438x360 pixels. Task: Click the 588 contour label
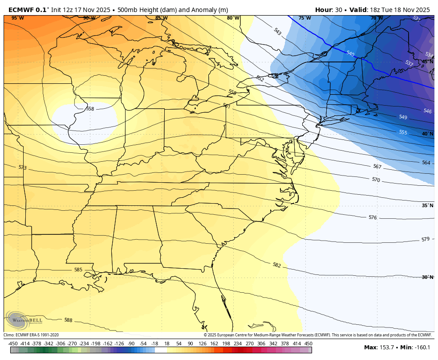(x=68, y=320)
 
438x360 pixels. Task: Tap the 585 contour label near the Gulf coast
(x=78, y=270)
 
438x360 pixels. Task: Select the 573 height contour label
(x=23, y=168)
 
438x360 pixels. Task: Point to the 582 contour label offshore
(x=276, y=265)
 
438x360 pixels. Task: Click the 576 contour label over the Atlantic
(x=373, y=217)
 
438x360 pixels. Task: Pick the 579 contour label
(x=425, y=239)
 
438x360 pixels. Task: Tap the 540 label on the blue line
(x=350, y=53)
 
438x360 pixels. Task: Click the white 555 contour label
(x=403, y=132)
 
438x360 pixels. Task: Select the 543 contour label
(x=277, y=32)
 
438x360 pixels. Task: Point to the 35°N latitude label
(x=427, y=205)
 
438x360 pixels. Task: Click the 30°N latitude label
(x=427, y=277)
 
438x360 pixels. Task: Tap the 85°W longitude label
(x=161, y=18)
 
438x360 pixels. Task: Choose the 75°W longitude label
(x=304, y=18)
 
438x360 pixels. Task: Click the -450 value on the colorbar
(x=13, y=344)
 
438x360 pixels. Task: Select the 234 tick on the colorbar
(x=238, y=344)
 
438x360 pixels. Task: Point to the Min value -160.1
(x=421, y=348)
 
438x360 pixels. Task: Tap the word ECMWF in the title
(x=20, y=10)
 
